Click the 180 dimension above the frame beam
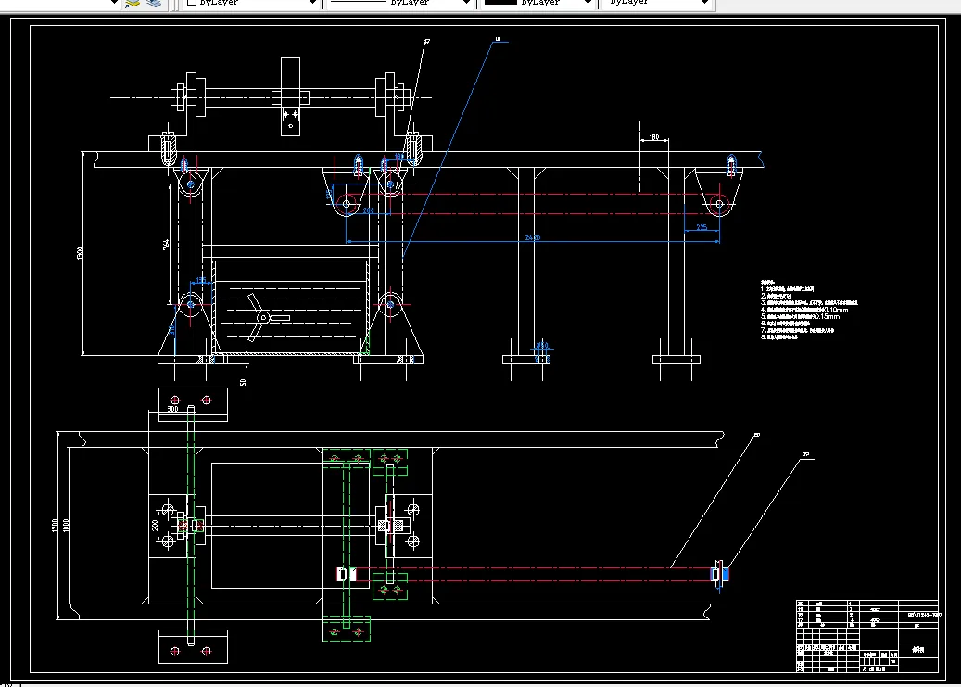click(x=653, y=138)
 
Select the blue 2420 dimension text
click(x=532, y=237)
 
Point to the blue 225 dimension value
click(x=701, y=226)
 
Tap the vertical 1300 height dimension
click(x=80, y=252)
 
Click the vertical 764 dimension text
click(x=166, y=245)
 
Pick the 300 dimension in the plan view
click(x=172, y=408)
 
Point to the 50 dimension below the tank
click(x=244, y=380)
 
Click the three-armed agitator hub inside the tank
click(x=263, y=319)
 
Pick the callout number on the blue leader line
click(x=498, y=39)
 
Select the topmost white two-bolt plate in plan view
click(x=193, y=404)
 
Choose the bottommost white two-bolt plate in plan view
click(x=193, y=646)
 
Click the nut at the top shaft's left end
click(x=175, y=95)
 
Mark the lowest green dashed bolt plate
click(x=346, y=629)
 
